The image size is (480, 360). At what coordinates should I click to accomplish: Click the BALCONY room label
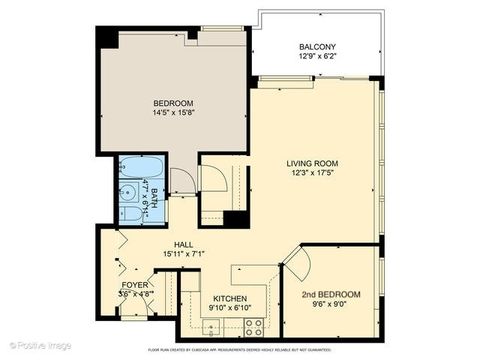point(316,47)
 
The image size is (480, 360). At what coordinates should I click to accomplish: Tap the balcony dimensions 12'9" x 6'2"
point(316,58)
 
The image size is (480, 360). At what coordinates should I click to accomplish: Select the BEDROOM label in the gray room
point(173,103)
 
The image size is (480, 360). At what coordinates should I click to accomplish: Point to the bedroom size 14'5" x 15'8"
point(173,114)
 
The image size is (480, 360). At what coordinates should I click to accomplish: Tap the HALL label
point(184,244)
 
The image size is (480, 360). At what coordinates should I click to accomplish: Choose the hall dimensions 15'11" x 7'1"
point(184,254)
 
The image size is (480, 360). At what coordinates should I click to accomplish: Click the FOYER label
point(135,284)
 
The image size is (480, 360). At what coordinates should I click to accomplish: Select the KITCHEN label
point(229,297)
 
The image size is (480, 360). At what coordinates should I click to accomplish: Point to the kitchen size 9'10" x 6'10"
point(229,307)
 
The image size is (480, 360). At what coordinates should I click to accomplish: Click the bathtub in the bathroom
point(133,169)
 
